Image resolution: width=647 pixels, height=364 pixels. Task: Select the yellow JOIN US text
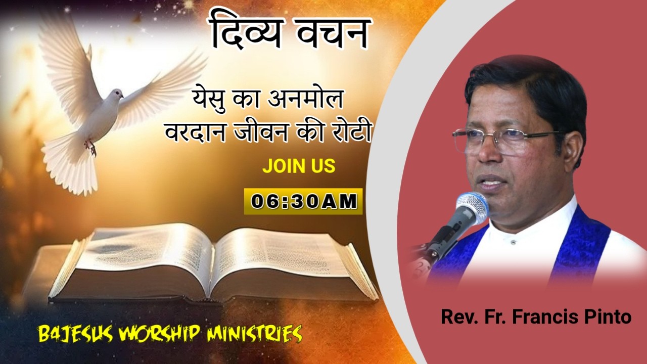(299, 166)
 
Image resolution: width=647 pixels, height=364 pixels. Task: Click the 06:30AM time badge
(303, 201)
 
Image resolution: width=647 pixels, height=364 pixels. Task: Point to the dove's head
(116, 95)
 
